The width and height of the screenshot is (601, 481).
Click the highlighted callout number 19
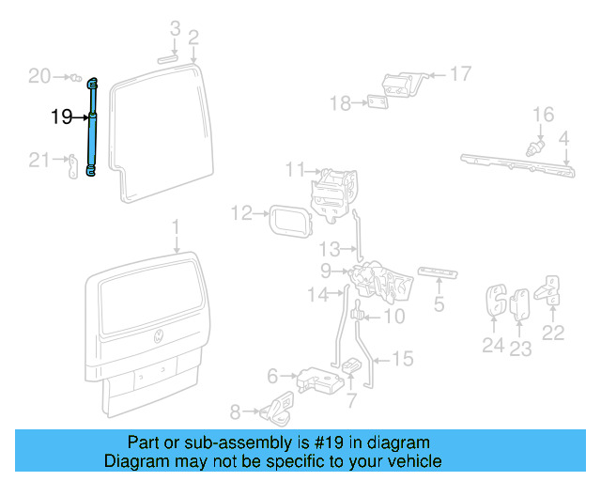(61, 117)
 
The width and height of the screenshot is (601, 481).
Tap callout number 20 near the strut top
(39, 76)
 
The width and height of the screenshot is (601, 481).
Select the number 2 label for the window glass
(193, 38)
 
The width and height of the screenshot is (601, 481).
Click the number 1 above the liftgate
(175, 227)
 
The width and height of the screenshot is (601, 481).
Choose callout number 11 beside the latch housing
(296, 170)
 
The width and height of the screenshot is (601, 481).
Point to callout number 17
(460, 73)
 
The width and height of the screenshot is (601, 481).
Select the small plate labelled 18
(378, 102)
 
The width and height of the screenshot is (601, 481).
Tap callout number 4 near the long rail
(564, 140)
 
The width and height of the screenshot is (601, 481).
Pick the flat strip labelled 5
(439, 272)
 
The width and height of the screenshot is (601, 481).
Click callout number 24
(493, 346)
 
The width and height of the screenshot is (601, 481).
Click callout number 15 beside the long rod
(402, 358)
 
